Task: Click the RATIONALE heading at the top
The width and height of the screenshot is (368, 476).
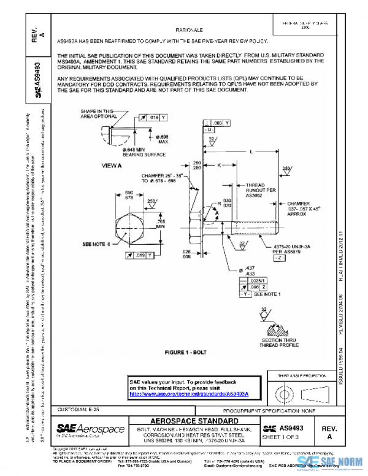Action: pos(190,29)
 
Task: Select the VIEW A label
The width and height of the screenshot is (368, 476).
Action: pos(112,166)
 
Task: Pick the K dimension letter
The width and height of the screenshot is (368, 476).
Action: pos(218,165)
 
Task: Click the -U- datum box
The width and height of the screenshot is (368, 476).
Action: pos(209,131)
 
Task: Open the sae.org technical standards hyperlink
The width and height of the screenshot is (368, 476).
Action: pos(193,394)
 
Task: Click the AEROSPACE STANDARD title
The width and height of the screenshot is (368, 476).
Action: pos(193,420)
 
